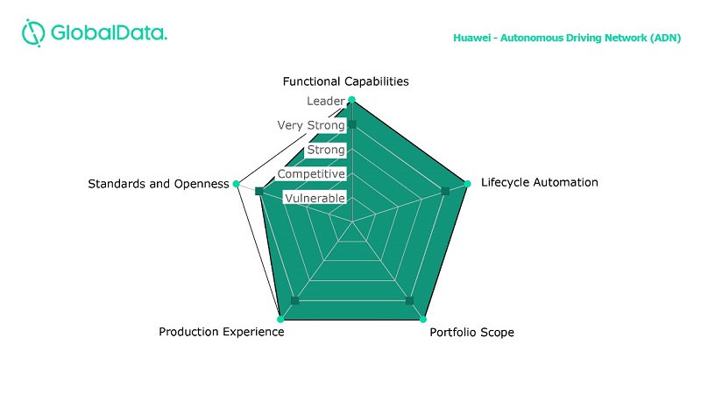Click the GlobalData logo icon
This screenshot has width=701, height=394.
pyautogui.click(x=33, y=33)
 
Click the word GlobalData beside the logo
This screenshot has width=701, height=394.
pyautogui.click(x=110, y=33)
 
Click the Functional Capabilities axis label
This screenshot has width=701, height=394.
pyautogui.click(x=345, y=81)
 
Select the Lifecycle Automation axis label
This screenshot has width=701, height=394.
pyautogui.click(x=540, y=183)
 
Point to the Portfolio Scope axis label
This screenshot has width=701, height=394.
pyautogui.click(x=471, y=333)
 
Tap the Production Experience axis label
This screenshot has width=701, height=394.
pyautogui.click(x=221, y=333)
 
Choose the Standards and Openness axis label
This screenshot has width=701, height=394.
pyautogui.click(x=159, y=184)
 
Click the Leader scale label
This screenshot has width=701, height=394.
pyautogui.click(x=326, y=102)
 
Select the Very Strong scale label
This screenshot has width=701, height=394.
pyautogui.click(x=311, y=126)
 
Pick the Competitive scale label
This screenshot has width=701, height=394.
pyautogui.click(x=311, y=174)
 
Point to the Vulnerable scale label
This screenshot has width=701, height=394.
pyautogui.click(x=315, y=199)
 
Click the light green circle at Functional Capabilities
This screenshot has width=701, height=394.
pyautogui.click(x=352, y=100)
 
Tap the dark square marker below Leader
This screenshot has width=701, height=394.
pyautogui.click(x=352, y=125)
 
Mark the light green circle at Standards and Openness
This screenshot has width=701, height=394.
pyautogui.click(x=237, y=184)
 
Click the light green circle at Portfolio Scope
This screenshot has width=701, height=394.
pyautogui.click(x=424, y=318)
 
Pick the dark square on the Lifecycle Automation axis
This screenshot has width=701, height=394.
pyautogui.click(x=445, y=191)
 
